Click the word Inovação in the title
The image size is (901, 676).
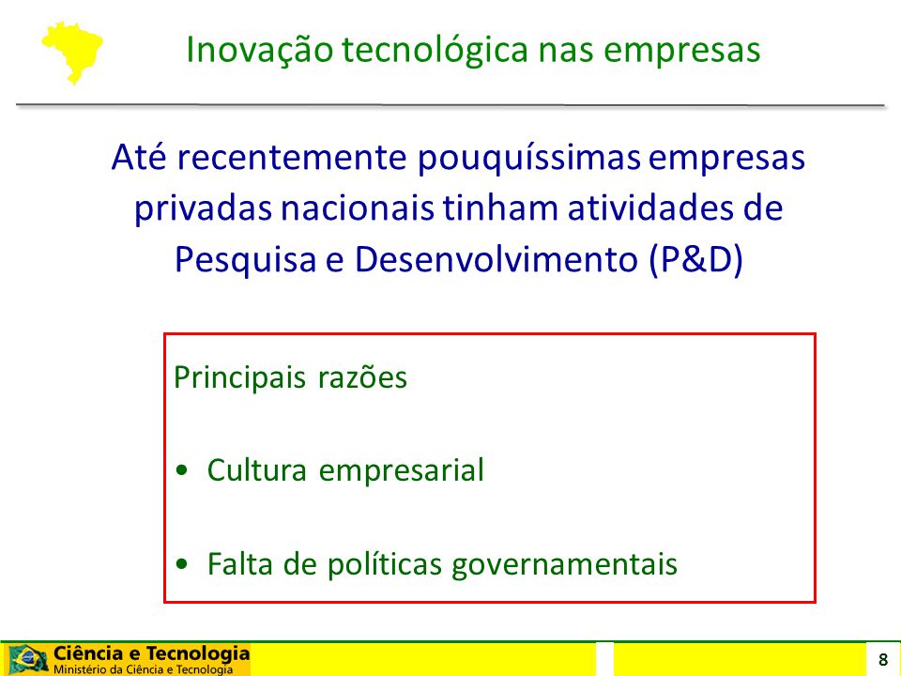[x=259, y=50]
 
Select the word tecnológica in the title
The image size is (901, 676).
[x=435, y=51]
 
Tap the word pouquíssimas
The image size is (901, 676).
[x=528, y=158]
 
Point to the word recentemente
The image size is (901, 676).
[x=292, y=158]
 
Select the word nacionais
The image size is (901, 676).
[x=357, y=208]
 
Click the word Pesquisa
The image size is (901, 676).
[x=245, y=260]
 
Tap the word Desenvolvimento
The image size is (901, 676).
[x=496, y=259]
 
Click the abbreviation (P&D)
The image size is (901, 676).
[x=695, y=260]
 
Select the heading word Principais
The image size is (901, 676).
[x=239, y=378]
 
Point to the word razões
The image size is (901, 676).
[x=362, y=378]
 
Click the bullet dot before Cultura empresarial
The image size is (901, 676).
[x=182, y=470]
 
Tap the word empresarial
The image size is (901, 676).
[x=402, y=470]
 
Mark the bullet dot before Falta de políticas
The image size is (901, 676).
[x=182, y=564]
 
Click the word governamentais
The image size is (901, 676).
[x=564, y=564]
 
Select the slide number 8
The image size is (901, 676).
[x=883, y=659]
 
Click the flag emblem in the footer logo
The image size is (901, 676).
[x=27, y=659]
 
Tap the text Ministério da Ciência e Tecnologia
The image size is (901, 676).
[x=143, y=669]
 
